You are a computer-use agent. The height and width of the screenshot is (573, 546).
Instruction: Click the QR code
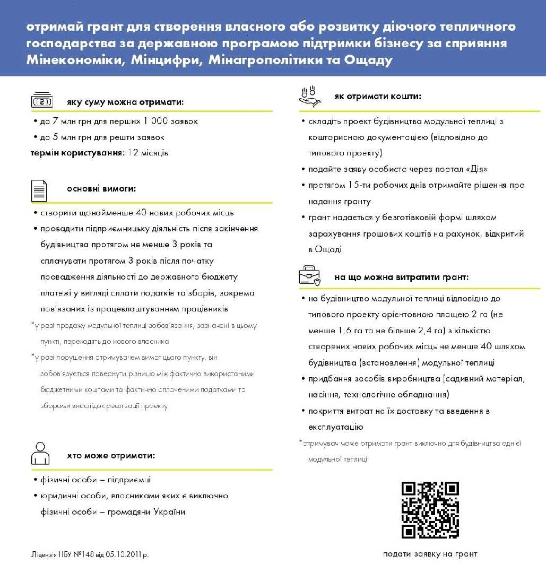coord(430,510)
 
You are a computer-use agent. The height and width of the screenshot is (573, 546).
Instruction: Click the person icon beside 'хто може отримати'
coord(40,453)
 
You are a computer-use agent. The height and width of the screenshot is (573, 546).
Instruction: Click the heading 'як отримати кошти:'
coord(378,97)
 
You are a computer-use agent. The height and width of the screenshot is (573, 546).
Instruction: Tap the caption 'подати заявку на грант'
coord(430,554)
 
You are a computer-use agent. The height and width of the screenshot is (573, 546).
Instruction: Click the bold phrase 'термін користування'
coord(76,153)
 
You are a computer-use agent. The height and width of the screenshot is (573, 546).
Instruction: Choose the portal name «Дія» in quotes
coord(475,169)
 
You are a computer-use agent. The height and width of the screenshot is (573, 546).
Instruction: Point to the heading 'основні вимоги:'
coord(101,188)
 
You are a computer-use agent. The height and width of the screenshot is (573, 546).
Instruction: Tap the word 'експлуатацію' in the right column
coord(335,427)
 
